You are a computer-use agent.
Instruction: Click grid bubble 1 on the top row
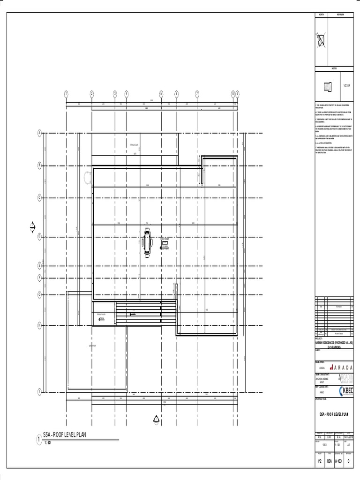pyautogui.click(x=66, y=94)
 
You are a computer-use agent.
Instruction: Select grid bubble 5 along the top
pyautogui.click(x=161, y=94)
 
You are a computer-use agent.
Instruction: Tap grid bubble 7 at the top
pyautogui.click(x=197, y=94)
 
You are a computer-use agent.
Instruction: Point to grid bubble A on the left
pyautogui.click(x=40, y=133)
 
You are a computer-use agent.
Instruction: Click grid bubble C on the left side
pyautogui.click(x=40, y=197)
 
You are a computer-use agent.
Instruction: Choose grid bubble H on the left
pyautogui.click(x=40, y=325)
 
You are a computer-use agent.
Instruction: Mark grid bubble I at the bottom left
pyautogui.click(x=40, y=391)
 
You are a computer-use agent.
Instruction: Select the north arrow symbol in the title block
pyautogui.click(x=321, y=42)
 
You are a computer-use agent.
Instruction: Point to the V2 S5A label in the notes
pyautogui.click(x=347, y=86)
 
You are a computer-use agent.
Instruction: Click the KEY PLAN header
pyautogui.click(x=340, y=15)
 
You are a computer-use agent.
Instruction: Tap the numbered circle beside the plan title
pyautogui.click(x=38, y=440)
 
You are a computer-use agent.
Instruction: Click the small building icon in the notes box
pyautogui.click(x=328, y=86)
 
